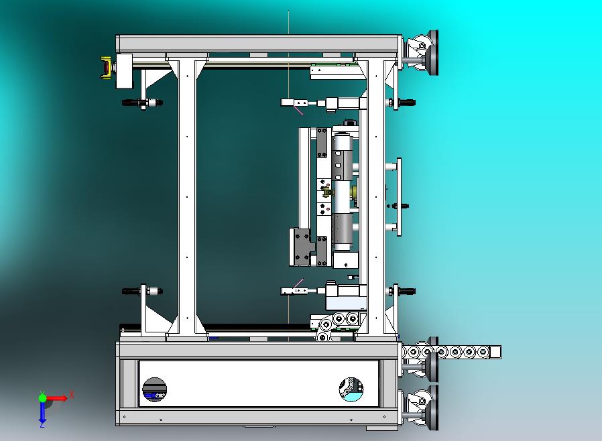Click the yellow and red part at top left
pyautogui.click(x=107, y=68)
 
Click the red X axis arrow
pyautogui.click(x=57, y=398)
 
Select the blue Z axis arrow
pyautogui.click(x=42, y=412)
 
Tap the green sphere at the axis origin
pyautogui.click(x=42, y=398)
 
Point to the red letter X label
pyautogui.click(x=72, y=395)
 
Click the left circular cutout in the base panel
pyautogui.click(x=155, y=389)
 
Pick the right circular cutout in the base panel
pyautogui.click(x=351, y=389)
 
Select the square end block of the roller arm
pyautogui.click(x=495, y=352)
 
